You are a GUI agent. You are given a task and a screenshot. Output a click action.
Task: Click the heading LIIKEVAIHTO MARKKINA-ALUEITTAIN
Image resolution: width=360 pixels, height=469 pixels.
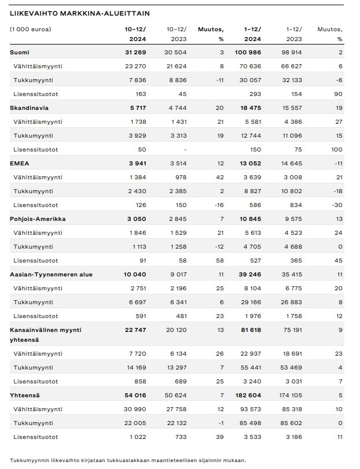(80, 13)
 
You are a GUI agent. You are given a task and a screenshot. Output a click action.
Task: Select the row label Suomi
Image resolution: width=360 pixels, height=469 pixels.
(20, 53)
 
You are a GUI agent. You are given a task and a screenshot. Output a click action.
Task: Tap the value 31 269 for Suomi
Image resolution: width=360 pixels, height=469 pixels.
(135, 53)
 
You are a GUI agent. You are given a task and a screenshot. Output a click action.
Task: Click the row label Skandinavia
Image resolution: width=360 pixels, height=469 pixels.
(29, 108)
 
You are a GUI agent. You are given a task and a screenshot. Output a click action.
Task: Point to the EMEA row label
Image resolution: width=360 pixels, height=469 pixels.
(20, 163)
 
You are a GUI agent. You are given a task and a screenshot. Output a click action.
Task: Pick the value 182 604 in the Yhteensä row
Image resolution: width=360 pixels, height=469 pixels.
(248, 395)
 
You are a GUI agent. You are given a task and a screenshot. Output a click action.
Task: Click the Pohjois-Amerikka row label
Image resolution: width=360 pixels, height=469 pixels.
(38, 219)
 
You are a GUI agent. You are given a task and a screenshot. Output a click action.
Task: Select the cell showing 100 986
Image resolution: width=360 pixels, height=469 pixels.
(248, 53)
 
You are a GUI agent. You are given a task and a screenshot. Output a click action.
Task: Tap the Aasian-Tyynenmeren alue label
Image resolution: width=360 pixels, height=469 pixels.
(51, 275)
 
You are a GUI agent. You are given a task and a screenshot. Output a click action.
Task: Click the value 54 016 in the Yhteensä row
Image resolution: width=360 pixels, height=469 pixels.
(135, 395)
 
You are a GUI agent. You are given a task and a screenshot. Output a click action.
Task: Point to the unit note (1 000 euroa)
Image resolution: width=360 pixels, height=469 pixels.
(31, 29)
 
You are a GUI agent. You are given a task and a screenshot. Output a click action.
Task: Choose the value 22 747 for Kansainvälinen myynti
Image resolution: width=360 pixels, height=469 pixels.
(135, 330)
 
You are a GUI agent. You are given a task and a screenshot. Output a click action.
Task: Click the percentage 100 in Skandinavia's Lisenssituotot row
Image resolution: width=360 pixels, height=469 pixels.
(337, 150)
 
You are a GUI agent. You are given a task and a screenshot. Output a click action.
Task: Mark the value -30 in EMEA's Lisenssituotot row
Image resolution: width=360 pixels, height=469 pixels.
(338, 205)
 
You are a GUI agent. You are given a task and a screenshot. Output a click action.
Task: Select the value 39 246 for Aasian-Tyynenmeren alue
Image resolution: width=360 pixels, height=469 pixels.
(250, 275)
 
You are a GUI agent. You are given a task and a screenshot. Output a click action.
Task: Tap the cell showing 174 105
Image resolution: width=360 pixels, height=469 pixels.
(291, 395)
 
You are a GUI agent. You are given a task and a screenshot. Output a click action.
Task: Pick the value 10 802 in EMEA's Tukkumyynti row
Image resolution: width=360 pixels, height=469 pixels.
(292, 191)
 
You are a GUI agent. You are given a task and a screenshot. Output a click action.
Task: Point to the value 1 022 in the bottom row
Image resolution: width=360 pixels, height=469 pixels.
(138, 437)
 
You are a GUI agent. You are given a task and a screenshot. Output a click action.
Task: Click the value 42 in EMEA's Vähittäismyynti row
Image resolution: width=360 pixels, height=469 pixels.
(220, 178)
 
